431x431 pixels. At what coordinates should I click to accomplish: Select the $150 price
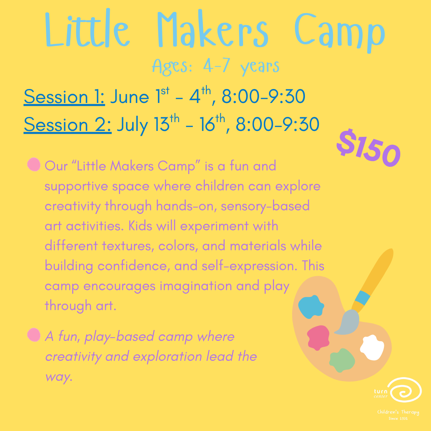click(368, 148)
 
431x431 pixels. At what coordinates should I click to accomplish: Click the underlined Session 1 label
click(64, 97)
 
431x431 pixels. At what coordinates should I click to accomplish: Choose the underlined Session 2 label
click(67, 125)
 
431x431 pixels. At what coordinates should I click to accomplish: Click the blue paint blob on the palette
click(311, 306)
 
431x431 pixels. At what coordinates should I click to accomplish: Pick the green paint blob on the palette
click(342, 360)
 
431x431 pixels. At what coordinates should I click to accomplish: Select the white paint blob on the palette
click(372, 347)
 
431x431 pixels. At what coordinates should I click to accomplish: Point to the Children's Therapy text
click(398, 412)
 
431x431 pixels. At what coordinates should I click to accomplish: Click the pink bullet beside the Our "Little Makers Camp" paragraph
click(34, 165)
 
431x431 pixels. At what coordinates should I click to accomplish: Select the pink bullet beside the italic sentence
click(34, 335)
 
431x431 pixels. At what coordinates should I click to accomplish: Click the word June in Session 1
click(129, 97)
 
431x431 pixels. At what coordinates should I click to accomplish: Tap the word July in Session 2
click(132, 125)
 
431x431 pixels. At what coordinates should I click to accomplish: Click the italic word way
click(58, 377)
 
